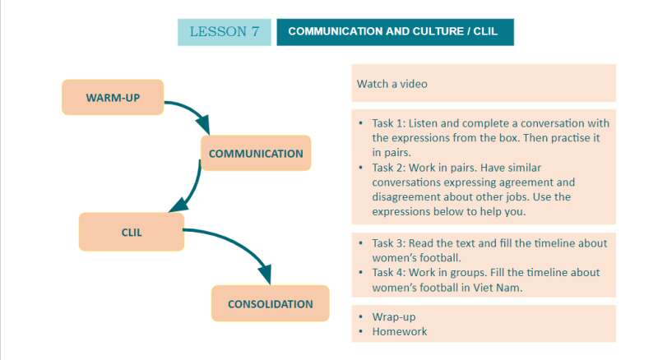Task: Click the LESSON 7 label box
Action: pyautogui.click(x=224, y=32)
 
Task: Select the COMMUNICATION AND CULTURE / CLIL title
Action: pyautogui.click(x=395, y=32)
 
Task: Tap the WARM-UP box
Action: pyautogui.click(x=113, y=98)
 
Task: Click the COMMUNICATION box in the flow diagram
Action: pyautogui.click(x=256, y=153)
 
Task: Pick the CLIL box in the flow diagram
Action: pyautogui.click(x=131, y=232)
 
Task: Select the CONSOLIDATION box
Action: pyautogui.click(x=270, y=304)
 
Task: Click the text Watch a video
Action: pyautogui.click(x=392, y=84)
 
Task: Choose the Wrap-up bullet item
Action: pyautogui.click(x=394, y=316)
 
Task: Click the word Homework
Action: pyautogui.click(x=400, y=331)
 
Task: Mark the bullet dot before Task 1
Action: pyautogui.click(x=360, y=123)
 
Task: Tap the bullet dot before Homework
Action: pyautogui.click(x=360, y=331)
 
